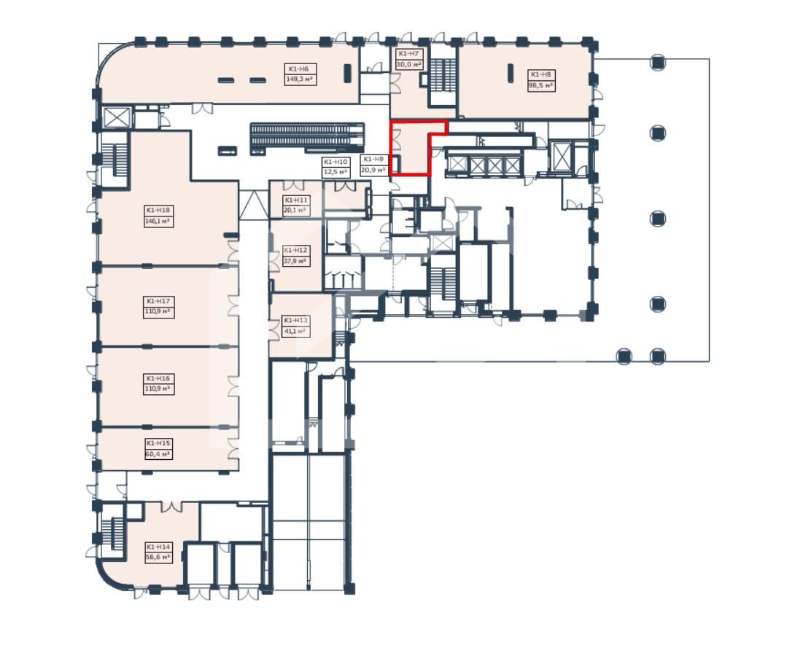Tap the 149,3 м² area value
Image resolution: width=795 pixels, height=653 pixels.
[299, 79]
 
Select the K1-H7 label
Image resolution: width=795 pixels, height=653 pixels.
[408, 54]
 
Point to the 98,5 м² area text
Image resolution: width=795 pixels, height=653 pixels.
[540, 85]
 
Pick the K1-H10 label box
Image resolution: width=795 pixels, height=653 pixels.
[335, 167]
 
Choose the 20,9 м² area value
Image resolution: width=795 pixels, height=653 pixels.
[373, 171]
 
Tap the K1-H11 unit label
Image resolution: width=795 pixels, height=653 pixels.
[296, 200]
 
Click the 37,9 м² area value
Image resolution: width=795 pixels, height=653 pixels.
[295, 262]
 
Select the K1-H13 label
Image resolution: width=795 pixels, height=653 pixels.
[295, 320]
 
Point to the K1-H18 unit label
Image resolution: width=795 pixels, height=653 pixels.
[158, 210]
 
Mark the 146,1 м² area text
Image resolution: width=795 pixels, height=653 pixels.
[158, 222]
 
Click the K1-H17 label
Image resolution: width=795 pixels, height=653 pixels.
[158, 301]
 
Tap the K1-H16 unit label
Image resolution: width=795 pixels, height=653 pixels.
[158, 378]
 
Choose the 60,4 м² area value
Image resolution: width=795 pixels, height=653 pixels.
[158, 454]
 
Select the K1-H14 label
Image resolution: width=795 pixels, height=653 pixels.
[158, 547]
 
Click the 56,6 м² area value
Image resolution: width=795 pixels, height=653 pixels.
[158, 558]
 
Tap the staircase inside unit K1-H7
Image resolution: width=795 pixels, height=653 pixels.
[443, 75]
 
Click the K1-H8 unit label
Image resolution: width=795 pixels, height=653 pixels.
[540, 74]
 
